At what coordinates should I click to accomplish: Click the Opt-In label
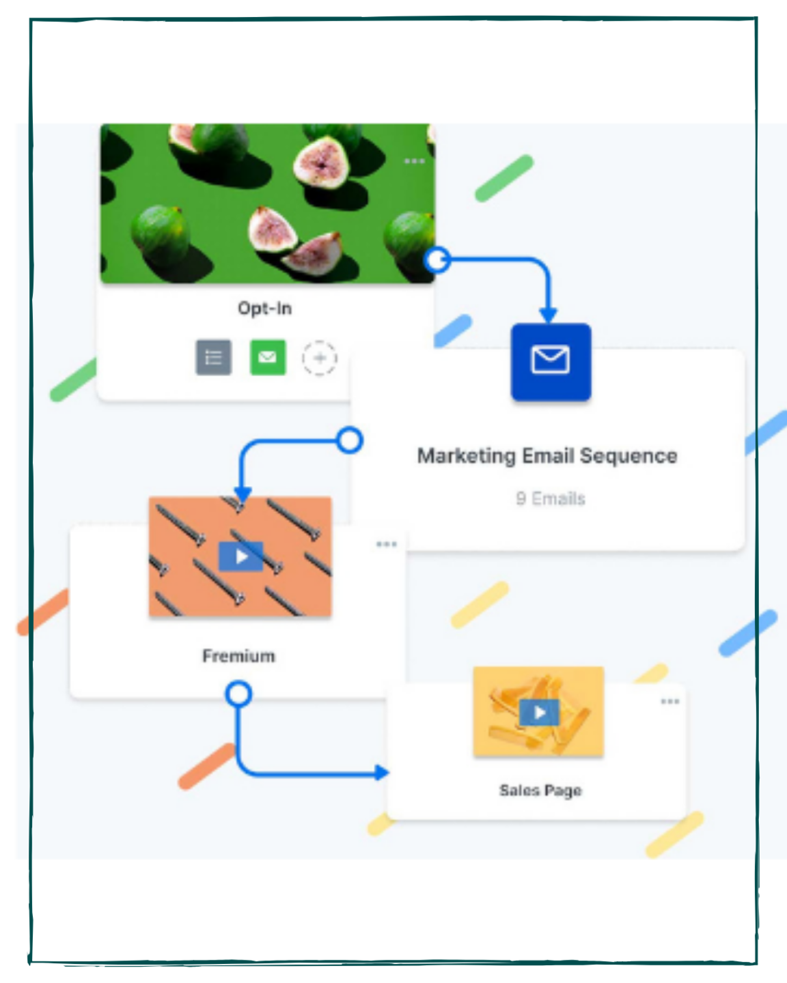tap(265, 309)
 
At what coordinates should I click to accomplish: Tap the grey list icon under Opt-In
tap(214, 357)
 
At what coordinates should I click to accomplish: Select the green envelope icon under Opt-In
tap(268, 357)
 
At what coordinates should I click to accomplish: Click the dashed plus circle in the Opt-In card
tap(320, 358)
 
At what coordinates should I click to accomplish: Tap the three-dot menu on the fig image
tap(414, 161)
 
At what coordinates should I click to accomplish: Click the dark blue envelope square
tap(551, 362)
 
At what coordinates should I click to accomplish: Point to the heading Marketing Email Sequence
tap(547, 456)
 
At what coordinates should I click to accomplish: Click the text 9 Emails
tap(551, 498)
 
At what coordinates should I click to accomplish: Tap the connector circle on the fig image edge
tap(438, 260)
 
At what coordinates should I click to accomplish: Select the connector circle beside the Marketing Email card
tap(350, 440)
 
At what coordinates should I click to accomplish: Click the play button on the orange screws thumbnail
tap(241, 556)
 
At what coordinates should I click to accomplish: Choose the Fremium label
tap(238, 656)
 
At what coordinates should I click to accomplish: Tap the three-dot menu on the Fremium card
tap(387, 543)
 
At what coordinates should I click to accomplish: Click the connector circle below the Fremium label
tap(238, 694)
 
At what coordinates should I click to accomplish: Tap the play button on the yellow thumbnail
tap(540, 712)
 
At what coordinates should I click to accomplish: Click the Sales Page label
tap(540, 790)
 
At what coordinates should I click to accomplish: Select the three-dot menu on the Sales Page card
tap(670, 701)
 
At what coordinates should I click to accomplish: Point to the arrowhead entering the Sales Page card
tap(381, 773)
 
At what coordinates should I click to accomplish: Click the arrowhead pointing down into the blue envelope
tap(549, 315)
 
